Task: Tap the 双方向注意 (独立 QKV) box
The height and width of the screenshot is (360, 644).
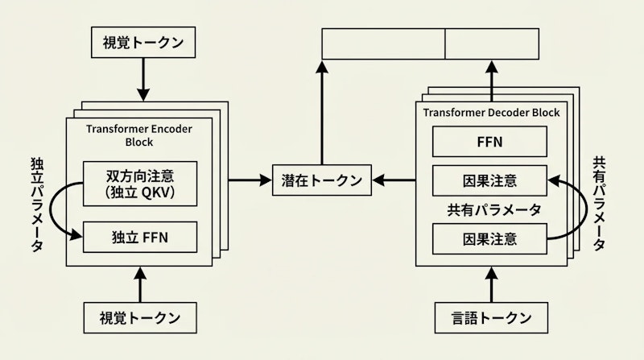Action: tap(140, 184)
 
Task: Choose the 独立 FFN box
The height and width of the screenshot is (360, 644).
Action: tap(140, 237)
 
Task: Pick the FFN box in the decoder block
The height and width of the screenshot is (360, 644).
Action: tap(490, 143)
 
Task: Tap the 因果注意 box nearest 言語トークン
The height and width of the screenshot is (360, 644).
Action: tap(490, 238)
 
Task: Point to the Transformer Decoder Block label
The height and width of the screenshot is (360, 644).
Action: tap(491, 113)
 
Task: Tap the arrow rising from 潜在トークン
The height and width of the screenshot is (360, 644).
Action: tap(322, 113)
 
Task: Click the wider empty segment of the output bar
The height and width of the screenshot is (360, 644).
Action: tap(383, 43)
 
